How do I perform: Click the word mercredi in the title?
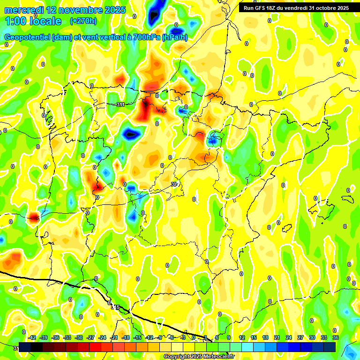point(23,10)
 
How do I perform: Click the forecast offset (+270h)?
point(83,21)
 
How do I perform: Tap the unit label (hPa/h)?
point(174,37)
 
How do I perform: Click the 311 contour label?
point(120,105)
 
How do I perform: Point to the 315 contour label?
point(115,307)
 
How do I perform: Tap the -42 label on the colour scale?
point(32,337)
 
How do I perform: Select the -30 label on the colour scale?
point(79,337)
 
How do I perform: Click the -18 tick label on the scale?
point(126,337)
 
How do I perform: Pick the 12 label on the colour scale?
point(242,337)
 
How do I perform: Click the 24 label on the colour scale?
point(289,337)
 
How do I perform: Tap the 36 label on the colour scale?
point(336,337)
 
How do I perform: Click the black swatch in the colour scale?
point(37,347)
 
